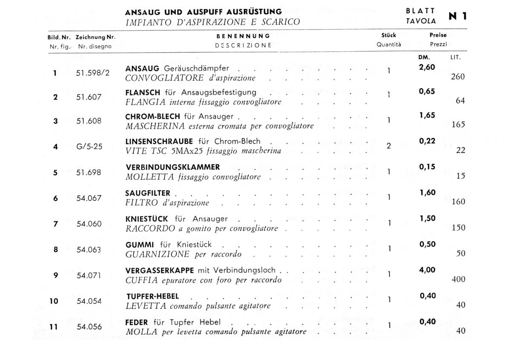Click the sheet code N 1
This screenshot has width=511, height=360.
(458, 16)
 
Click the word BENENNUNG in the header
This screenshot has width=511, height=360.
(243, 36)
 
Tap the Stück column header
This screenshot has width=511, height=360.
(388, 36)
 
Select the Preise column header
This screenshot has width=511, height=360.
(438, 36)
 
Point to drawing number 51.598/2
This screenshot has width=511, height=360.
(93, 73)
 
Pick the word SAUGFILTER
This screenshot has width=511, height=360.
(148, 193)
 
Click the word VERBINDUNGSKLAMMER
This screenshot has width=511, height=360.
(172, 167)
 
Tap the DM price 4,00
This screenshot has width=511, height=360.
(427, 270)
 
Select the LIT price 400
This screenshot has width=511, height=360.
(458, 280)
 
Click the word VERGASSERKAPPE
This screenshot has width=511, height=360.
(160, 271)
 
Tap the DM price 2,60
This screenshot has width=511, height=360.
(427, 67)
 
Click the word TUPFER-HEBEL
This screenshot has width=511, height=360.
(152, 296)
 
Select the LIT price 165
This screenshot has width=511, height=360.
(458, 125)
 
